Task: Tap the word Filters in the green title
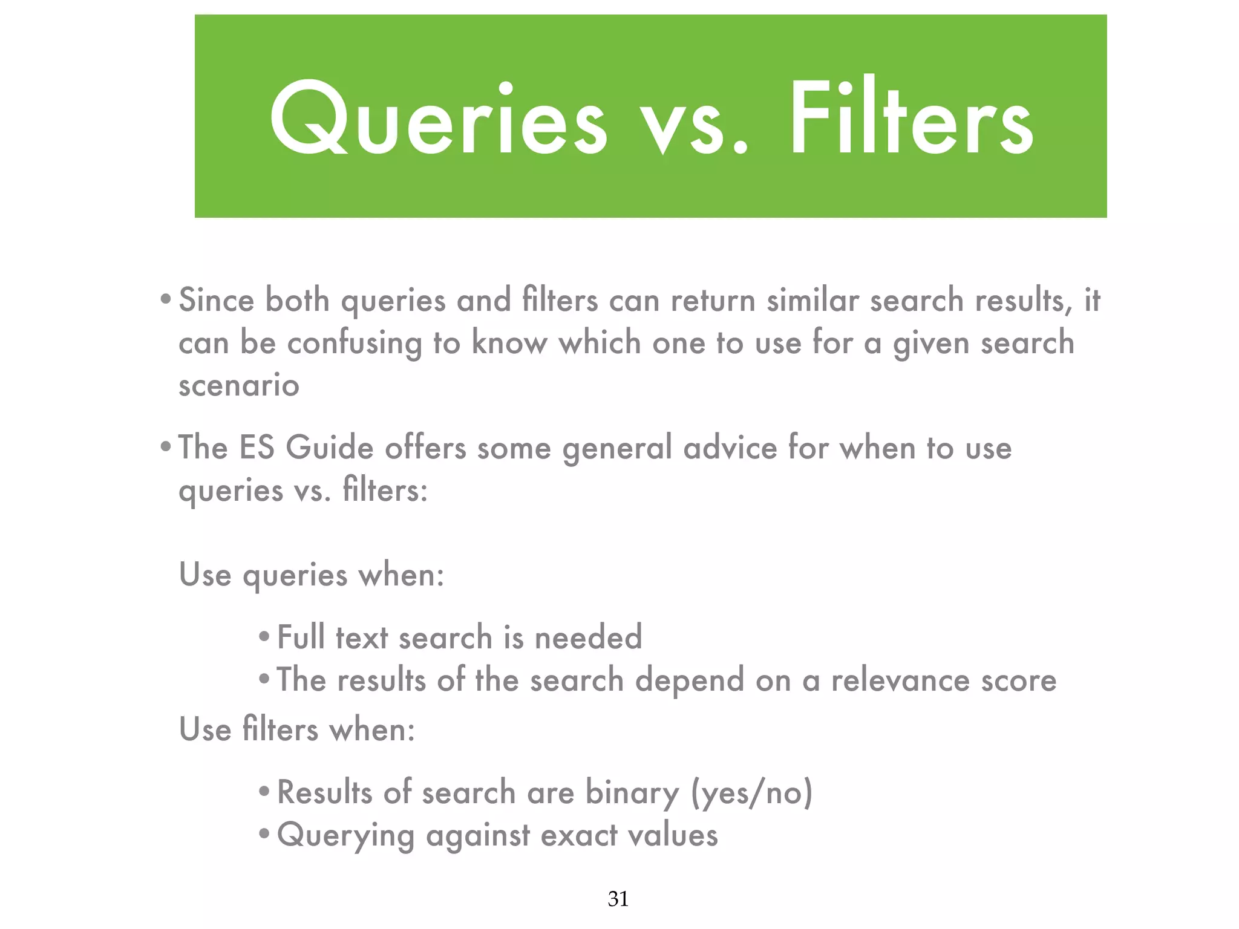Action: [x=910, y=118]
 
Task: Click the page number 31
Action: [x=618, y=899]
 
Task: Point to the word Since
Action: [x=217, y=300]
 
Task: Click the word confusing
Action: [x=354, y=344]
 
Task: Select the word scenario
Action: [x=239, y=385]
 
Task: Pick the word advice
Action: [x=730, y=448]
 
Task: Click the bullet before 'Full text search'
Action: [x=264, y=637]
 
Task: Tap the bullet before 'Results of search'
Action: [x=264, y=792]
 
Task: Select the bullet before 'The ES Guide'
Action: [x=165, y=448]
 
